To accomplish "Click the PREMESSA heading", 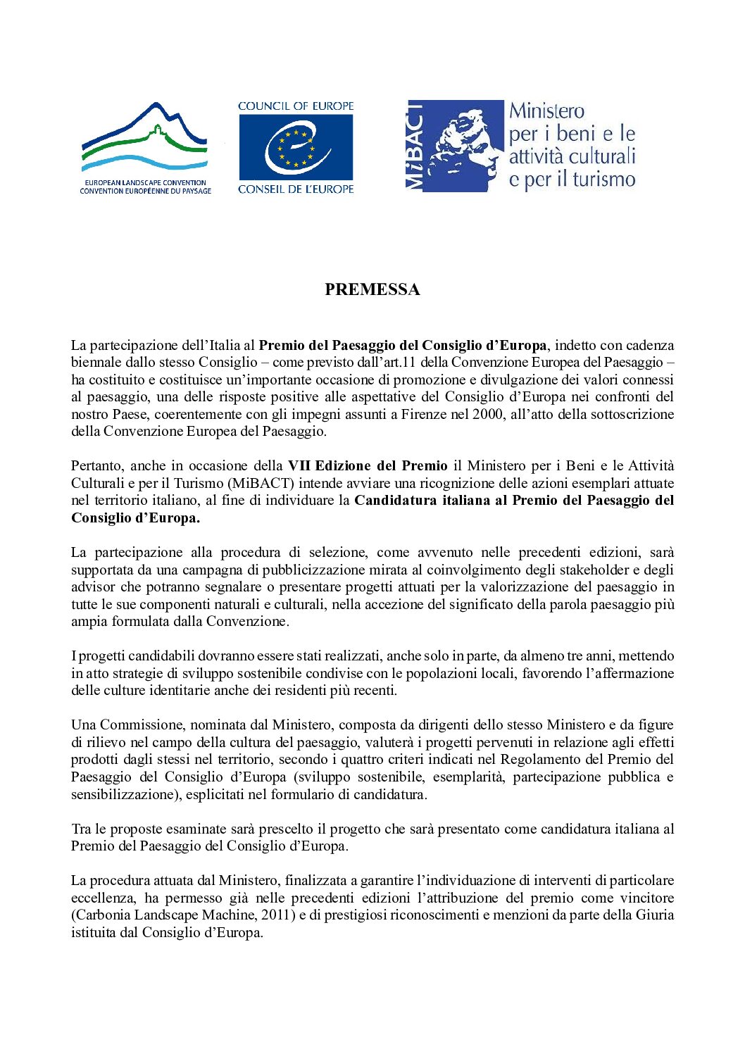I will coord(372,289).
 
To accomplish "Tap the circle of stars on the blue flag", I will coord(296,148).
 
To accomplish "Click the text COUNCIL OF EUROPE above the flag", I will coord(296,106).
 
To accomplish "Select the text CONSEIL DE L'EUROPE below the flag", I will coord(296,189).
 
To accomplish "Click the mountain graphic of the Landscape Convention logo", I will coord(144,137).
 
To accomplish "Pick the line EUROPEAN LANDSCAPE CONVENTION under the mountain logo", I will coord(146,182).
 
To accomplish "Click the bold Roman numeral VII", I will coord(299,465).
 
